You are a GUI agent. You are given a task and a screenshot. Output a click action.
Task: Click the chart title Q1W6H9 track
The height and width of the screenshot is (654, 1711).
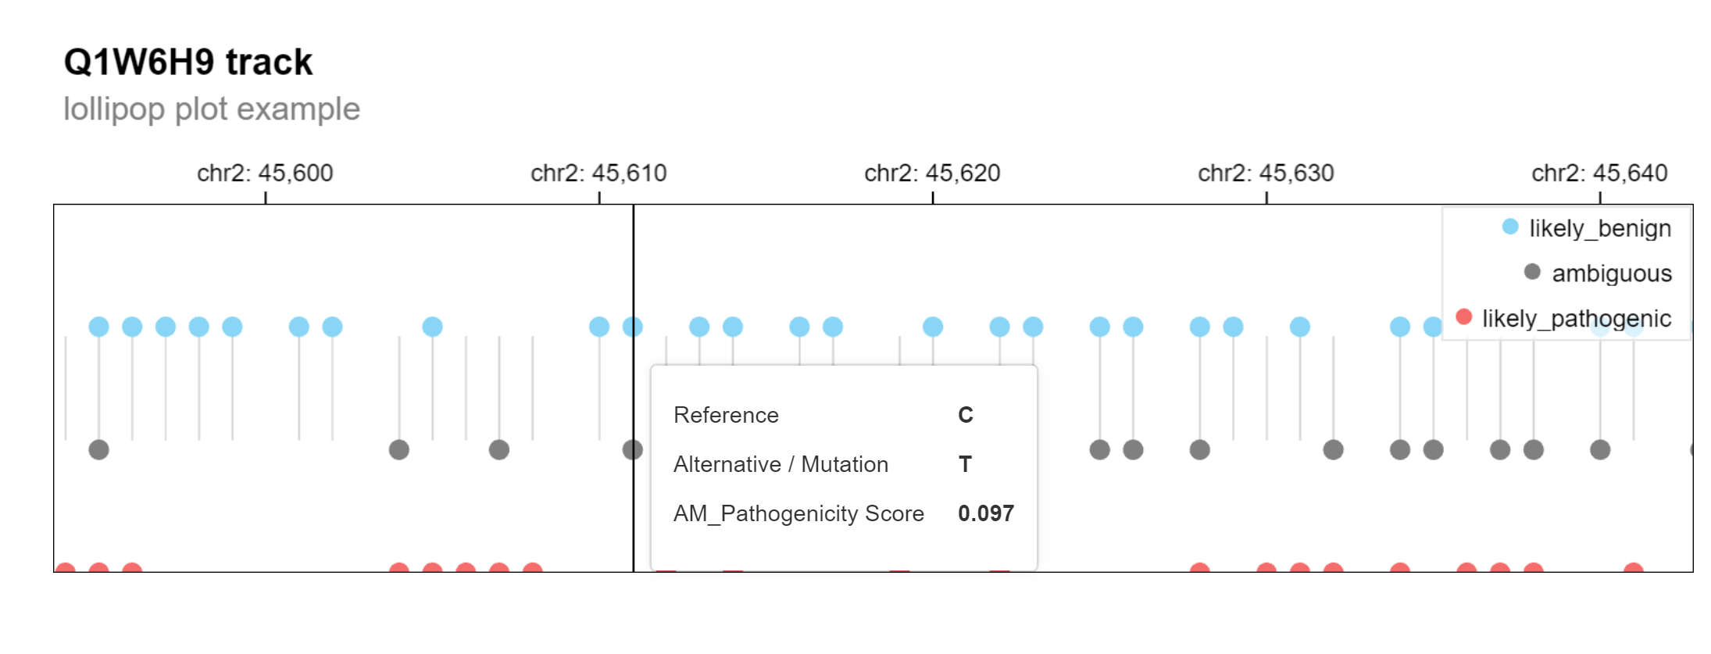click(x=188, y=62)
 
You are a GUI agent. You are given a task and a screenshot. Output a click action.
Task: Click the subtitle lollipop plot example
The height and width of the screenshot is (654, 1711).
click(x=211, y=109)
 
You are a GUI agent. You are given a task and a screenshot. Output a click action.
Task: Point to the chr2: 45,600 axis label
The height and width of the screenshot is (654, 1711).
click(x=265, y=173)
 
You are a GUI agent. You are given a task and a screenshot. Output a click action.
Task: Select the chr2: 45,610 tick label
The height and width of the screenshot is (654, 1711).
click(x=598, y=173)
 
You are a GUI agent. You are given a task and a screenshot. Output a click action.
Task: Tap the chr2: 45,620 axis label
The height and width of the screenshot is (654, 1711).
click(x=932, y=173)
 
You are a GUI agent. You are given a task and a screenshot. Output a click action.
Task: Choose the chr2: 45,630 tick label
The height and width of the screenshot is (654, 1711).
click(x=1266, y=173)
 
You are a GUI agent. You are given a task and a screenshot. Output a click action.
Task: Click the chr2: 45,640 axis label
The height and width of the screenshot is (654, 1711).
click(x=1599, y=173)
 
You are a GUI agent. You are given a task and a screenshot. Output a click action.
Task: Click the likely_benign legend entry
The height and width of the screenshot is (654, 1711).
click(x=1599, y=228)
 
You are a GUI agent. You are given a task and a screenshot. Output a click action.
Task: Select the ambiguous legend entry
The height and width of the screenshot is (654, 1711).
click(x=1611, y=273)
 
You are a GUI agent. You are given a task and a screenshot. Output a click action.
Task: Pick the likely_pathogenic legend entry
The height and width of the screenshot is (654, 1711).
click(x=1576, y=319)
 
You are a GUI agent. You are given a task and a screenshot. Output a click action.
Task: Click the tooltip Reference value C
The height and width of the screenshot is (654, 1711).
click(x=966, y=415)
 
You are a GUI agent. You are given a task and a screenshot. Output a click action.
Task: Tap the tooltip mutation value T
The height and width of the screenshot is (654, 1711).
click(x=966, y=464)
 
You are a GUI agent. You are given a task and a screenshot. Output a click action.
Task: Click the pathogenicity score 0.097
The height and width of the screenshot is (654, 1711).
click(x=986, y=513)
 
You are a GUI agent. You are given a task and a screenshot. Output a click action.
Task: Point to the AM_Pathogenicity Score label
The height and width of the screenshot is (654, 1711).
click(x=798, y=513)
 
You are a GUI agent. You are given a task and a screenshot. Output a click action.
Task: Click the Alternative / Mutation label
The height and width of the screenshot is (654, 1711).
click(x=780, y=464)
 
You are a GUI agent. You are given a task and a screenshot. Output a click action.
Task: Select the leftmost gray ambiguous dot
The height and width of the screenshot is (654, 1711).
click(x=98, y=450)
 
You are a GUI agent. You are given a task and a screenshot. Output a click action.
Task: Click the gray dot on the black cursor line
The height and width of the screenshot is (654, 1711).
click(x=632, y=450)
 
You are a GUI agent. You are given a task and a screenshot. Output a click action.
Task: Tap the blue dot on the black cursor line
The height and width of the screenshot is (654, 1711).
click(x=632, y=327)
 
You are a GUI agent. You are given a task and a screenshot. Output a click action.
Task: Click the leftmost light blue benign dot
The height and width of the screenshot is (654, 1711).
click(x=98, y=327)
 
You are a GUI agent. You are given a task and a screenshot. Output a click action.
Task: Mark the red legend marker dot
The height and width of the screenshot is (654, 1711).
click(x=1464, y=317)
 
